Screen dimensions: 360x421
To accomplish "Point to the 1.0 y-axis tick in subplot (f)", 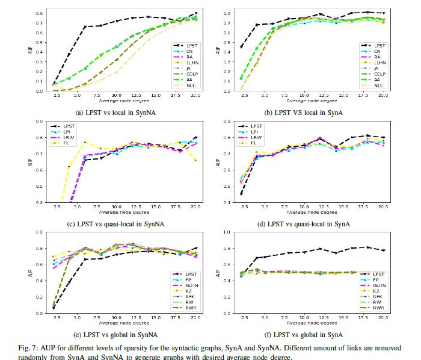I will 228,232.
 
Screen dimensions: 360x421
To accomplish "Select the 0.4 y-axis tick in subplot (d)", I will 228,203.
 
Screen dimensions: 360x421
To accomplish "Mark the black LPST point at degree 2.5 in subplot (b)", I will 242,46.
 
